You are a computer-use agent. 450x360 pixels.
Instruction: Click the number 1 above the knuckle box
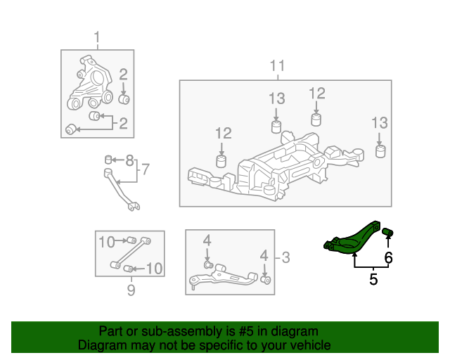(x=97, y=37)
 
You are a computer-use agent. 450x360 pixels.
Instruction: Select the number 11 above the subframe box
(x=278, y=66)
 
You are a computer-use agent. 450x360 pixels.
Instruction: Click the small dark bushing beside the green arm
(x=387, y=233)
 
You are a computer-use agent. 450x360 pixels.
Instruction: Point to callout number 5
(x=373, y=279)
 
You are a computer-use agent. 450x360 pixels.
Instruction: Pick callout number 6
(x=388, y=258)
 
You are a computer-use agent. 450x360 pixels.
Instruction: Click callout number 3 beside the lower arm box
(x=285, y=257)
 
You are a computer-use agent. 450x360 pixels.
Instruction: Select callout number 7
(x=146, y=169)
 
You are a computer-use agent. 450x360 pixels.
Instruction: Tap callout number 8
(x=129, y=160)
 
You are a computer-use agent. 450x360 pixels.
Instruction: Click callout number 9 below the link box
(x=130, y=288)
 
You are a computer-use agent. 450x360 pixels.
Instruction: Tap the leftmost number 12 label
(x=223, y=133)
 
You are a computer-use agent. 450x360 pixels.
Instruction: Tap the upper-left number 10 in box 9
(x=106, y=243)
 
